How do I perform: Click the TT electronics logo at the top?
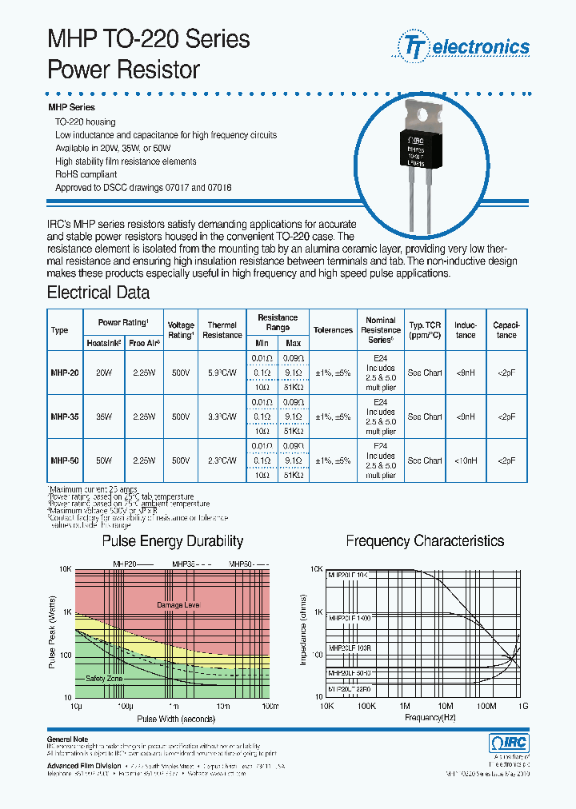coord(462,47)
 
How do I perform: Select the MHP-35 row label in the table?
coord(64,416)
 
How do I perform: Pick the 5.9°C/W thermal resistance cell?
coord(222,373)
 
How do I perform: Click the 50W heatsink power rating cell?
coord(104,460)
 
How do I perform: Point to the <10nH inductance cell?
coord(465,460)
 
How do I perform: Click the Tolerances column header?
coord(333,330)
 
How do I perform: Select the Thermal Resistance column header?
coord(222,330)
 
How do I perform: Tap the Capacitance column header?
coord(506,330)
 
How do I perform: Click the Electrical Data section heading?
coord(98,293)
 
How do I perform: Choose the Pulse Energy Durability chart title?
coord(172,541)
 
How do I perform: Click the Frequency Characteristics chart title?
coord(425,541)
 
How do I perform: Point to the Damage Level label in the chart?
coord(178,605)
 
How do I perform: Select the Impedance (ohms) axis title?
coord(303,630)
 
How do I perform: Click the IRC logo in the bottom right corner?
coord(509,743)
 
